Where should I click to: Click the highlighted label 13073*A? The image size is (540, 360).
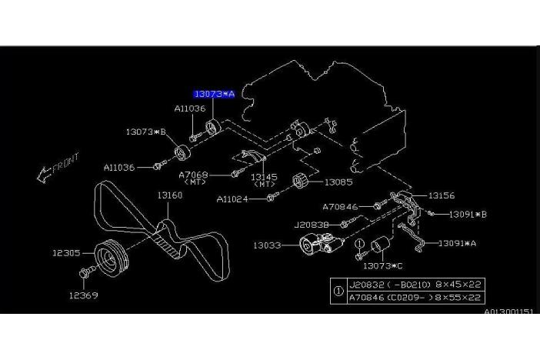pos(214,93)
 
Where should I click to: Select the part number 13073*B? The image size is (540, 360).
pos(146,132)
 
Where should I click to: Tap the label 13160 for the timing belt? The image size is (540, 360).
pos(170,196)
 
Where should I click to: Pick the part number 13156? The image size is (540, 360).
pos(442,196)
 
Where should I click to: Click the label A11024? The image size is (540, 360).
pos(232,198)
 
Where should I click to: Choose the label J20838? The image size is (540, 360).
pos(312,225)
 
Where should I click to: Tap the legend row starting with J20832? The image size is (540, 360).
pos(415,283)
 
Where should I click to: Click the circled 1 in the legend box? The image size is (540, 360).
pos(338,289)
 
